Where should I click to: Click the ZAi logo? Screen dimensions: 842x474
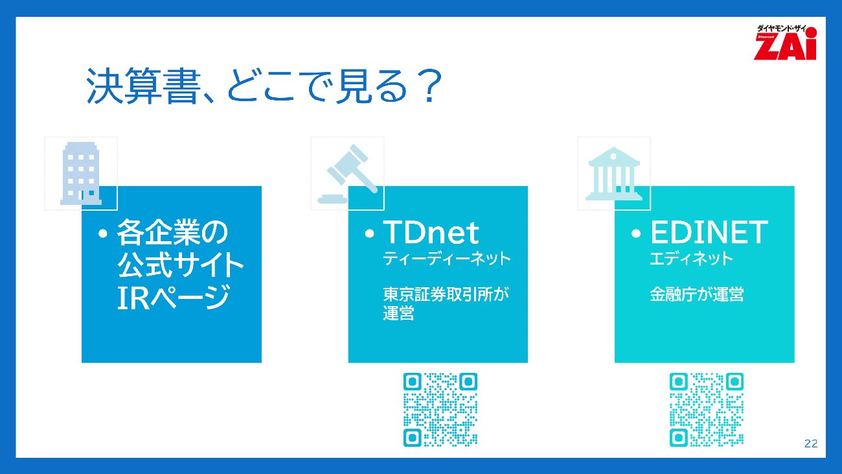click(x=785, y=42)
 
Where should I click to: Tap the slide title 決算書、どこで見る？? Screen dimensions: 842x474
click(x=264, y=86)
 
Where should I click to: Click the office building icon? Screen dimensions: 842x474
click(x=81, y=173)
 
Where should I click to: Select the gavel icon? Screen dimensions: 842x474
click(x=348, y=174)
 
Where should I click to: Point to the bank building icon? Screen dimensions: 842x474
click(x=614, y=173)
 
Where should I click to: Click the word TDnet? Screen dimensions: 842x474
click(x=431, y=232)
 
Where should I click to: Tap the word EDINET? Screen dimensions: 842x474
click(x=709, y=232)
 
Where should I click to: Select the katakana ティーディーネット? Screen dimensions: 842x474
click(x=446, y=259)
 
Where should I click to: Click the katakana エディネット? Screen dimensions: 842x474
click(x=691, y=259)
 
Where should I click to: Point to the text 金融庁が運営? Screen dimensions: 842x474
click(x=696, y=294)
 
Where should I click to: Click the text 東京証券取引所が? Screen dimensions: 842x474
click(x=446, y=294)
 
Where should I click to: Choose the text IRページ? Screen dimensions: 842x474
click(x=174, y=298)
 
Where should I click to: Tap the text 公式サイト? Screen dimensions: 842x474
click(x=181, y=265)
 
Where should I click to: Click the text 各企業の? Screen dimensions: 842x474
click(x=172, y=232)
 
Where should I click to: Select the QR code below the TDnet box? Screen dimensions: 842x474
click(x=440, y=410)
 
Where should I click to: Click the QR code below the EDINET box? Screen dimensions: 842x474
click(x=706, y=410)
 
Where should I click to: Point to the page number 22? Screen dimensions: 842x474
click(x=811, y=444)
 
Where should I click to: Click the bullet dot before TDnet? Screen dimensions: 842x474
click(x=369, y=234)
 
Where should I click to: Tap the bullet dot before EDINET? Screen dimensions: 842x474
click(x=636, y=234)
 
